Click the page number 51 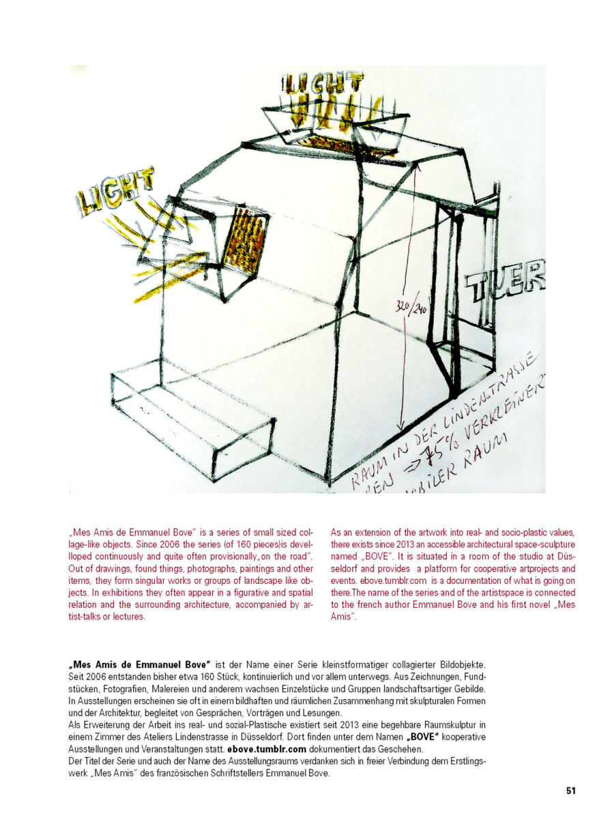pyautogui.click(x=570, y=791)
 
